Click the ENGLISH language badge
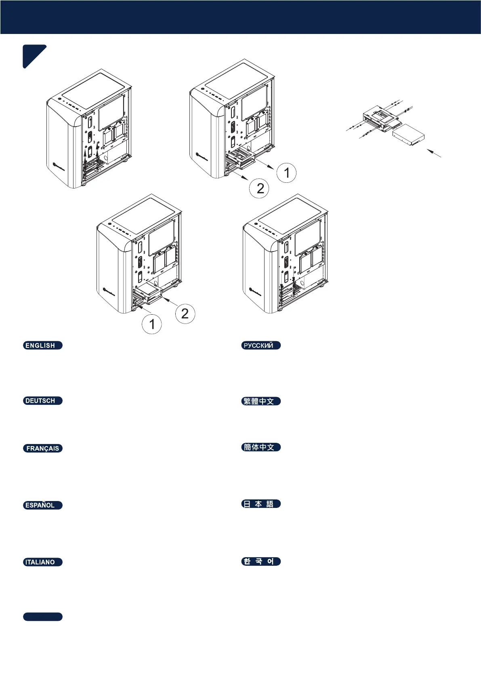pos(42,345)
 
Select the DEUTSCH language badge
pos(42,401)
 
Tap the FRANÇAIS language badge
pos(42,448)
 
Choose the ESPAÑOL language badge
pos(42,505)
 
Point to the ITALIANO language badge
pos(42,562)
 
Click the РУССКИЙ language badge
pos(260,345)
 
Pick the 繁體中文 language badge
pos(260,401)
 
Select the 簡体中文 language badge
pos(260,447)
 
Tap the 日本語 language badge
pos(260,504)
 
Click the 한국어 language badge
pos(260,561)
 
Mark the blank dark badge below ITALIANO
pos(42,617)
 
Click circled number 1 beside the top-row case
pos(286,173)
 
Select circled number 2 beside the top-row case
pos(260,188)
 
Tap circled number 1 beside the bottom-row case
pos(152,324)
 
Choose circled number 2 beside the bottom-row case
pos(185,313)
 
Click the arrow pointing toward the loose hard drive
pos(434,153)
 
